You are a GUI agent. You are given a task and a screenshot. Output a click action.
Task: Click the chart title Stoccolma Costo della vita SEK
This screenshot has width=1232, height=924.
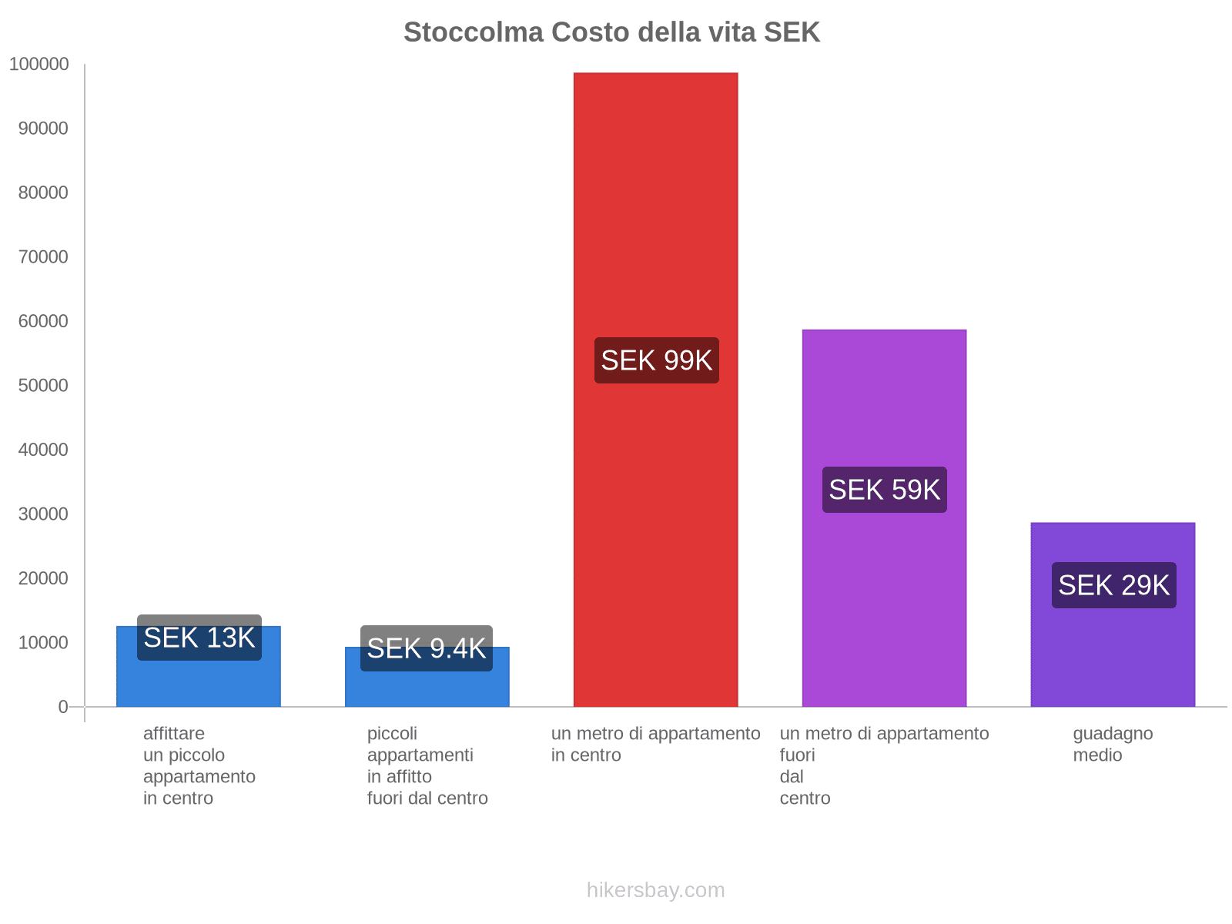(611, 32)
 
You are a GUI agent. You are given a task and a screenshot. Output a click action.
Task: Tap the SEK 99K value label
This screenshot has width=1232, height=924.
(656, 360)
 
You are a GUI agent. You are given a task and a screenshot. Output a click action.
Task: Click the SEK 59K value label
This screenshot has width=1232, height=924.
(884, 490)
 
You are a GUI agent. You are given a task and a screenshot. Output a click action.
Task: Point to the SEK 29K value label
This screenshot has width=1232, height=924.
(1113, 585)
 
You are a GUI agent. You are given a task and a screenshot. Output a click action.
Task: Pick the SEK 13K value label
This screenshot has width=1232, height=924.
(199, 638)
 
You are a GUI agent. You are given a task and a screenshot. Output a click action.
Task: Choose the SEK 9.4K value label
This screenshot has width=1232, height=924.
(426, 648)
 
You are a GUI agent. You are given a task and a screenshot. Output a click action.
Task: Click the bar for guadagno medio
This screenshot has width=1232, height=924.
(1113, 654)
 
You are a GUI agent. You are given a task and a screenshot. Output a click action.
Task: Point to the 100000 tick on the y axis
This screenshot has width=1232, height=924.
(39, 65)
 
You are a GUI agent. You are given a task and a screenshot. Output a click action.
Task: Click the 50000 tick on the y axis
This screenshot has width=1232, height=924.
(43, 386)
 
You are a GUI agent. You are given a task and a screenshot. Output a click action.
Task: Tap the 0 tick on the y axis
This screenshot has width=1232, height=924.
(63, 707)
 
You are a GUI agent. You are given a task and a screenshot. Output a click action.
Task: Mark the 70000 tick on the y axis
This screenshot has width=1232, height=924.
(43, 257)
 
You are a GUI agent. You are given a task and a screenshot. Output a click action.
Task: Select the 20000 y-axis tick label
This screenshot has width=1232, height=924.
(43, 578)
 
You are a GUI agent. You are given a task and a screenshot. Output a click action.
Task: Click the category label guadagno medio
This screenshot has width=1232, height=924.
(1112, 744)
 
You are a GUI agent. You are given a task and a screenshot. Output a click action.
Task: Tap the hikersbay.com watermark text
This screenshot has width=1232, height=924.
(655, 890)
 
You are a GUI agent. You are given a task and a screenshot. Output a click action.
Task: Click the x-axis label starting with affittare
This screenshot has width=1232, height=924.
(199, 765)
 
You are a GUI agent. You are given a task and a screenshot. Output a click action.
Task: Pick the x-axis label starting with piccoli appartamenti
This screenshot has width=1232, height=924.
(427, 765)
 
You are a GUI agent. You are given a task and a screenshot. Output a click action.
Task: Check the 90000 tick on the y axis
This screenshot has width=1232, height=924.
(43, 129)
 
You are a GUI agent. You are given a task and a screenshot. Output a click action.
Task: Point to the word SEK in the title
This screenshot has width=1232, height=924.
(792, 32)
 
